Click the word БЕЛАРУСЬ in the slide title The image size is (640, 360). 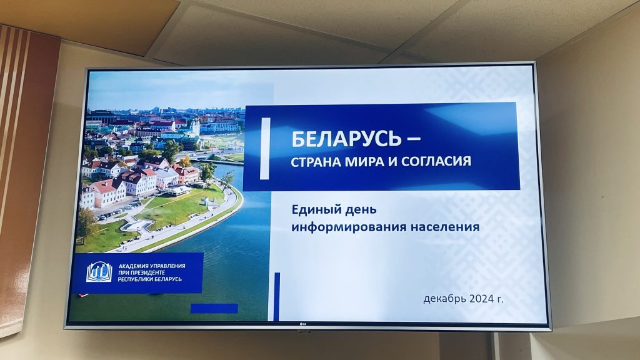(x=346, y=139)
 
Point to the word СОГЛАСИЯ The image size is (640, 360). (x=436, y=161)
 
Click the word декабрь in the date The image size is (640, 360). (x=444, y=299)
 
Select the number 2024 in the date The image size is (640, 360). (x=481, y=298)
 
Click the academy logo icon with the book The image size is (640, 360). (x=99, y=272)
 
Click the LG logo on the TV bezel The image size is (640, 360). (x=303, y=324)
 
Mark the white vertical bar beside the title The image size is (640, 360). (x=265, y=149)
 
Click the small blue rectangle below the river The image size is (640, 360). (x=214, y=308)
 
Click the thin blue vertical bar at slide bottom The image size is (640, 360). (x=277, y=297)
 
